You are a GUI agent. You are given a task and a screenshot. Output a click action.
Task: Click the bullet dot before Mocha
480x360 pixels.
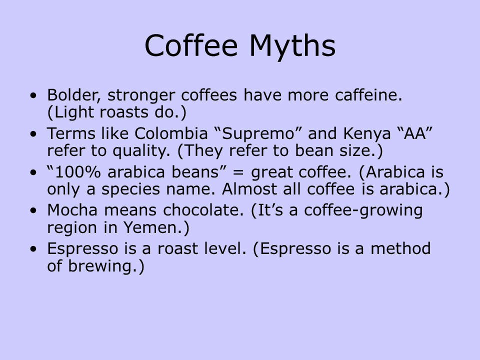[33, 210]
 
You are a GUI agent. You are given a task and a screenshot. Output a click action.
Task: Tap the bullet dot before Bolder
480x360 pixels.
[33, 95]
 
